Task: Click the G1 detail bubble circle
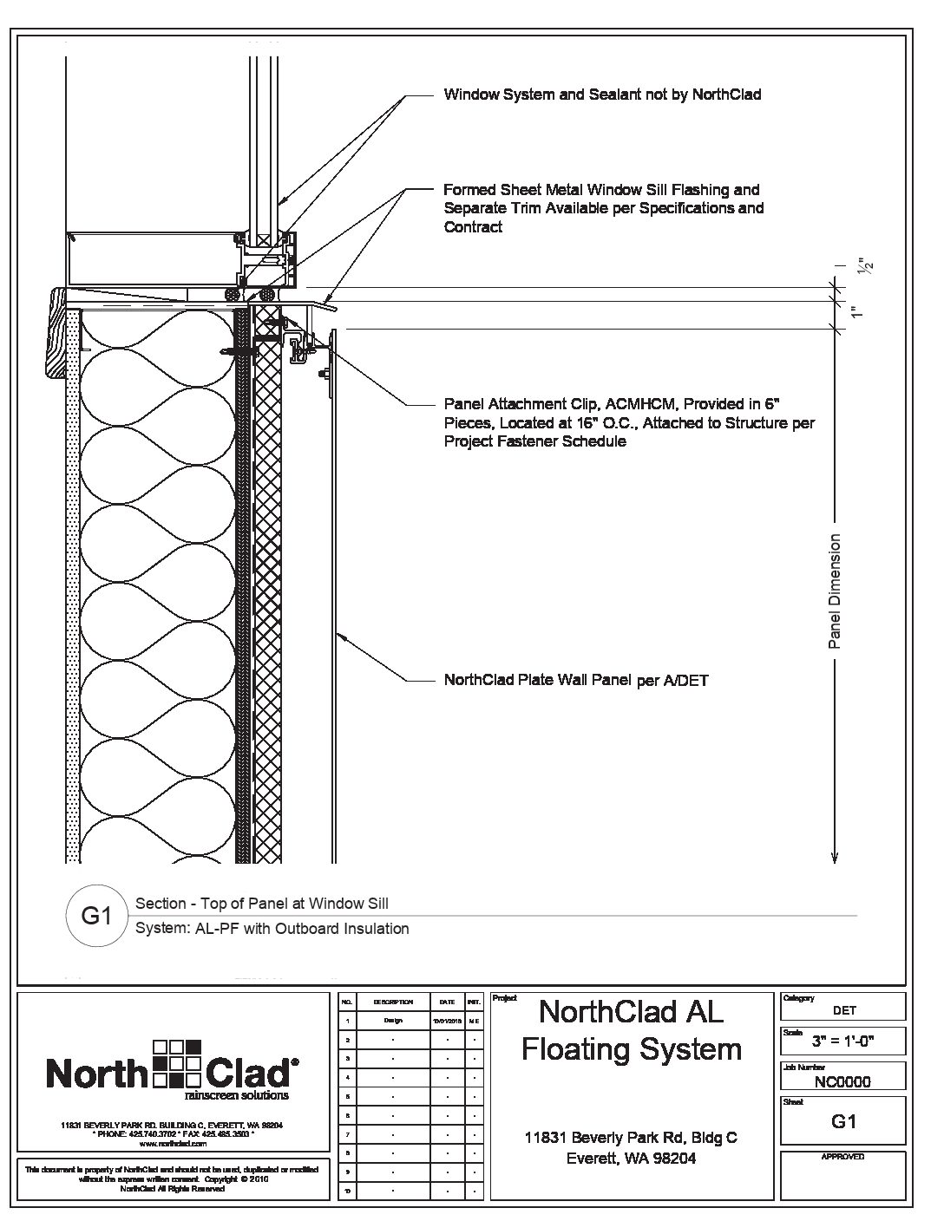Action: click(x=97, y=916)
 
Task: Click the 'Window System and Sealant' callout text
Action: click(x=602, y=95)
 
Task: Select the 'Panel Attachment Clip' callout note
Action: click(x=628, y=423)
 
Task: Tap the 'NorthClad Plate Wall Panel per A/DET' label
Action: click(x=576, y=681)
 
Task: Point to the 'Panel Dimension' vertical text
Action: click(x=835, y=591)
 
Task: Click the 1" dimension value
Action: click(x=856, y=312)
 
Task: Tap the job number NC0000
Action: click(x=843, y=1081)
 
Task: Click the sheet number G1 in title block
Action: click(x=843, y=1121)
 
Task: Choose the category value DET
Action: click(x=843, y=1010)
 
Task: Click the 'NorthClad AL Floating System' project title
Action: click(x=631, y=1030)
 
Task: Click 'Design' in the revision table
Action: click(x=393, y=1021)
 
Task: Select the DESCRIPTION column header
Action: click(x=393, y=1002)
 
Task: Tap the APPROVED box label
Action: click(x=842, y=1157)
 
